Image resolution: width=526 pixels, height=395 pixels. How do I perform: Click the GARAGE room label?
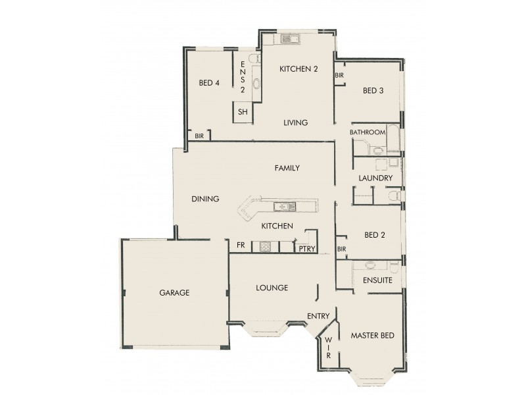click(x=174, y=293)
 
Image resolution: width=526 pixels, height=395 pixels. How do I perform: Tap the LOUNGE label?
click(x=272, y=288)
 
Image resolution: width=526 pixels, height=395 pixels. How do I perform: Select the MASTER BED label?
click(x=372, y=336)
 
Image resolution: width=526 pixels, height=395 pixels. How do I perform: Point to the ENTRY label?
click(x=318, y=316)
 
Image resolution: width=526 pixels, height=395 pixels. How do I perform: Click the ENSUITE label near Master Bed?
click(x=377, y=280)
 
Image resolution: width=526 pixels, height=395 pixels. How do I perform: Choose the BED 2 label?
click(x=373, y=234)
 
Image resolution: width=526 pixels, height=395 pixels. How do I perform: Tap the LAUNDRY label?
click(x=375, y=178)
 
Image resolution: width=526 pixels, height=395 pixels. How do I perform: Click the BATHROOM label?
click(x=367, y=132)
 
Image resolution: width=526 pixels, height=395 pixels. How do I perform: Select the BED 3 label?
click(x=373, y=91)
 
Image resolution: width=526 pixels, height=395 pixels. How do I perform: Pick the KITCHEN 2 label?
click(x=300, y=69)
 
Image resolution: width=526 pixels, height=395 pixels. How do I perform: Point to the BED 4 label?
click(x=209, y=83)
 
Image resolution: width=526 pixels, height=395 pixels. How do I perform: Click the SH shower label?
click(x=243, y=112)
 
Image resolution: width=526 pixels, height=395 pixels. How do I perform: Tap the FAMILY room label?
click(x=287, y=168)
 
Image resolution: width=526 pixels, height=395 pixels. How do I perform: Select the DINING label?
click(x=205, y=199)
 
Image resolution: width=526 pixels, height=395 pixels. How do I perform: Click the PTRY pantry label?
click(x=306, y=248)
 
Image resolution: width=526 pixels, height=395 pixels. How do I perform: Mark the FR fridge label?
click(x=241, y=247)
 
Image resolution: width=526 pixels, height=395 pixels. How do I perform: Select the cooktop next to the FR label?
click(x=265, y=247)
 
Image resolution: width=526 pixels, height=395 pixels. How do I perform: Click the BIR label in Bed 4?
click(x=199, y=136)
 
